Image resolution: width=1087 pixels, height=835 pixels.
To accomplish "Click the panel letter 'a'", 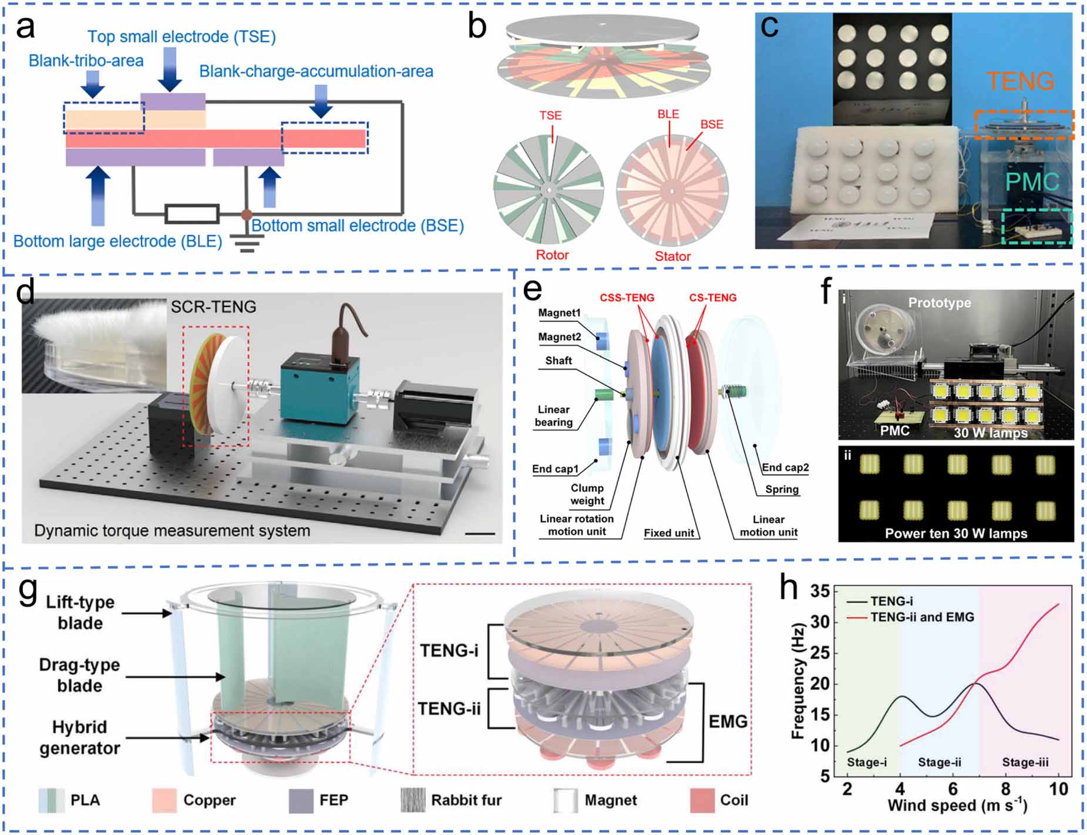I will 25,28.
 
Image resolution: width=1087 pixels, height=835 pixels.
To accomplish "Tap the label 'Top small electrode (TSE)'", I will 181,37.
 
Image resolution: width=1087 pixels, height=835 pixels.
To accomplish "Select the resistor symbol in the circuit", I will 192,214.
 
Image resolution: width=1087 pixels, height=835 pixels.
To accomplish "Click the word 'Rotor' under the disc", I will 552,255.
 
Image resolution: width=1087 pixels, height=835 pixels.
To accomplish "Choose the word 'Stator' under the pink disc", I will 672,257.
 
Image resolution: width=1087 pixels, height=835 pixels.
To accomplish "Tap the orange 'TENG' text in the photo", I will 1020,81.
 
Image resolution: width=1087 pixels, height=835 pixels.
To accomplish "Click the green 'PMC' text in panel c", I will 1032,183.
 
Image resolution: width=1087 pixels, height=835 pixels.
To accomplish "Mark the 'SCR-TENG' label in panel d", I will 213,307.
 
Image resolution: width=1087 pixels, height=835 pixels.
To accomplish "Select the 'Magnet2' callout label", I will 560,337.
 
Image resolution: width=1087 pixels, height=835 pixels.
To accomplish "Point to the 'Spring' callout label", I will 782,489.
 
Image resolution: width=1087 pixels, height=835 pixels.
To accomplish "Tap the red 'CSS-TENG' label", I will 627,298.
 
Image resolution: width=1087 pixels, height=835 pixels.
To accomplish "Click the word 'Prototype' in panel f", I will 939,303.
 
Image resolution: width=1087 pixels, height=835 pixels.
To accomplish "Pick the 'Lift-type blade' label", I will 80,612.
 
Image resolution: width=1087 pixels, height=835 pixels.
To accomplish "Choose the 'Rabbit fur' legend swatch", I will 413,800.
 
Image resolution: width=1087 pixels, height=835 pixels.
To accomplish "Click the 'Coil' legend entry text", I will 734,800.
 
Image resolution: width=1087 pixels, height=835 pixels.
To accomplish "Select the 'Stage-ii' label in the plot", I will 939,762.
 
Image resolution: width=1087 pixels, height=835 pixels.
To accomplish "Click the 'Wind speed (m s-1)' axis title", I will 957,806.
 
